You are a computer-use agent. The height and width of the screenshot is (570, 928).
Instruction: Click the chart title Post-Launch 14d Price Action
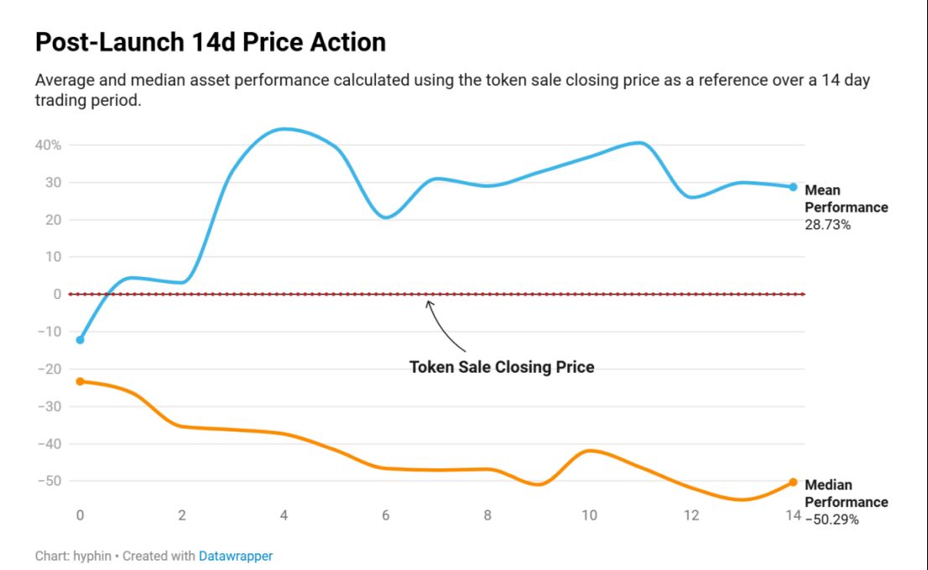pos(211,42)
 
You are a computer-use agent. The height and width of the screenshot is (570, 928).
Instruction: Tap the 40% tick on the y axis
pos(49,145)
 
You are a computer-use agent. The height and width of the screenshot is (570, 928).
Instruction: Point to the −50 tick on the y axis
pos(49,481)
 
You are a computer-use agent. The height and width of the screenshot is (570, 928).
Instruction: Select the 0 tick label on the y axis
pos(57,294)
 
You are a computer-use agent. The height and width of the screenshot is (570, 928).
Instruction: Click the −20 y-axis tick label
pos(49,369)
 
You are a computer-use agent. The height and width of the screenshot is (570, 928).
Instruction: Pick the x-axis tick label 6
pos(386,515)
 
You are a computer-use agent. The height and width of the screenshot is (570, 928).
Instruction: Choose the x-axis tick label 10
pos(589,515)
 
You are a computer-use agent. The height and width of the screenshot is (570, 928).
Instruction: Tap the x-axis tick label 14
pos(793,515)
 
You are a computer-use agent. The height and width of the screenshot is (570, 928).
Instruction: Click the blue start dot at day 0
pos(80,340)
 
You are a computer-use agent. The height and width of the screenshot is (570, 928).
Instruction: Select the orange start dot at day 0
pos(80,381)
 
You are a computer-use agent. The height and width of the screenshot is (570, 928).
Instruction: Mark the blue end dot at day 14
pos(793,187)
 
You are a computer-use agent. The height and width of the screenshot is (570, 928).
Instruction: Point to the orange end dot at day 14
pos(793,482)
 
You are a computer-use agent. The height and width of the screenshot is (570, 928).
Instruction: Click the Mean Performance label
pos(846,199)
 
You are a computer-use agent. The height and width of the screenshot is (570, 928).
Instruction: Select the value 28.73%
pos(827,224)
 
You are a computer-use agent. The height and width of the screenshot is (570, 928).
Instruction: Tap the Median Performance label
pos(846,494)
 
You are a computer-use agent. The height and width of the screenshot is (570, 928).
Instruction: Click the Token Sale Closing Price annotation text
pos(502,367)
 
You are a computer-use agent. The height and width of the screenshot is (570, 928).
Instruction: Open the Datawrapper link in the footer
pos(236,556)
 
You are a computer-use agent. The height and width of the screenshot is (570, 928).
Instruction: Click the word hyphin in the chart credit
pos(91,556)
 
